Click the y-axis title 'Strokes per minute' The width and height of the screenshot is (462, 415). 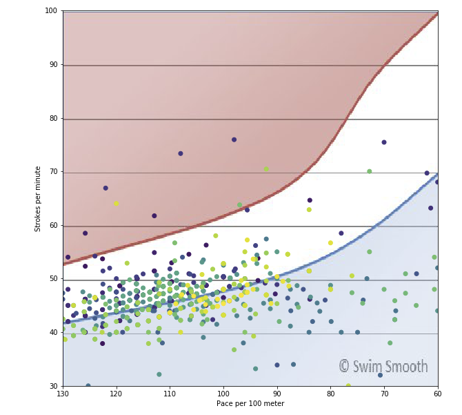(x=37, y=198)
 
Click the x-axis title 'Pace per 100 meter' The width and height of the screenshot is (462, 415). (x=250, y=404)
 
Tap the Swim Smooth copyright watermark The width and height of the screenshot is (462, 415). (x=383, y=367)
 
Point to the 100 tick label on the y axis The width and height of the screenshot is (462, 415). (x=51, y=11)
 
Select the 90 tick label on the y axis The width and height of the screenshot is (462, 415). (x=53, y=65)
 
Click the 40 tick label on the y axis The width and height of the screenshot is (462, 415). (x=53, y=333)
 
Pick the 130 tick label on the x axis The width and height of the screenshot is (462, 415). (x=63, y=394)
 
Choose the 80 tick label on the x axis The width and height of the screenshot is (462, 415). (x=330, y=394)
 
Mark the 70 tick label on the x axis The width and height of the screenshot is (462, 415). (x=384, y=394)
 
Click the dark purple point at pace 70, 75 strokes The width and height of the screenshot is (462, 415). (x=384, y=142)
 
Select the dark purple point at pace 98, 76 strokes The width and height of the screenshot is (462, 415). (x=234, y=139)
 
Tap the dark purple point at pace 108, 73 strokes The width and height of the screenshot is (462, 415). (x=181, y=153)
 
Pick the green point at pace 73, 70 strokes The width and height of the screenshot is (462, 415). (x=369, y=171)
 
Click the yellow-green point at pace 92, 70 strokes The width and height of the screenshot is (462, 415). (x=266, y=168)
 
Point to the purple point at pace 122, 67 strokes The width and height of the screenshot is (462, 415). (x=106, y=188)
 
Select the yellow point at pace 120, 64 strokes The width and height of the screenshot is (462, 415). (x=116, y=204)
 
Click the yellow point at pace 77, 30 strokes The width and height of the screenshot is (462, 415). (x=348, y=386)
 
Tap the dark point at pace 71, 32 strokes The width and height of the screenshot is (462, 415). (x=380, y=375)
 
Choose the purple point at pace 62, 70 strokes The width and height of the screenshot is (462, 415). (x=427, y=173)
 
